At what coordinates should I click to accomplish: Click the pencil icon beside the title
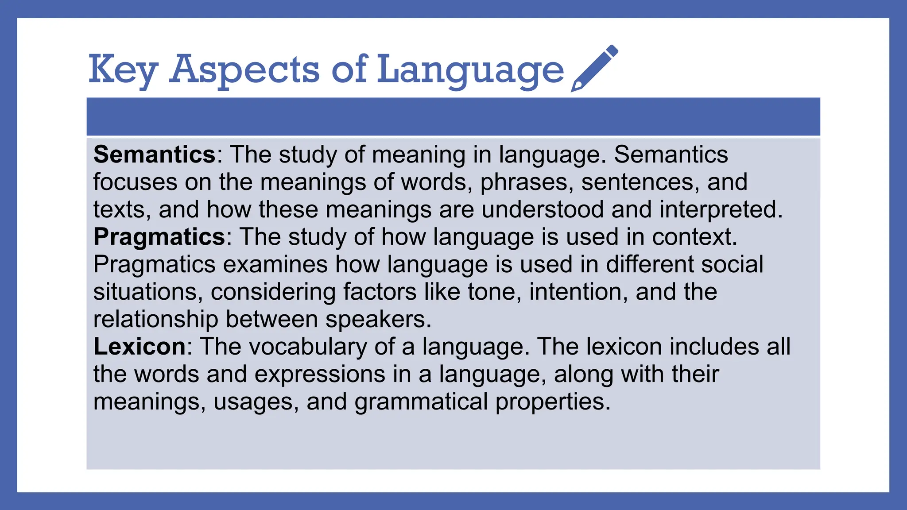[x=594, y=68]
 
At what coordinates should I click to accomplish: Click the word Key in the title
[x=123, y=69]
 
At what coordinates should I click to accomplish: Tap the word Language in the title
[x=470, y=70]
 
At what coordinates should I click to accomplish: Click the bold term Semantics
[x=155, y=155]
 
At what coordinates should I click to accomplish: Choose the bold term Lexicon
[x=140, y=346]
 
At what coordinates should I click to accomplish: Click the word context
[x=694, y=237]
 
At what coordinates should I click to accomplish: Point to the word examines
[x=275, y=264]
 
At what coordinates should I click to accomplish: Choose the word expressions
[x=320, y=375]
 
